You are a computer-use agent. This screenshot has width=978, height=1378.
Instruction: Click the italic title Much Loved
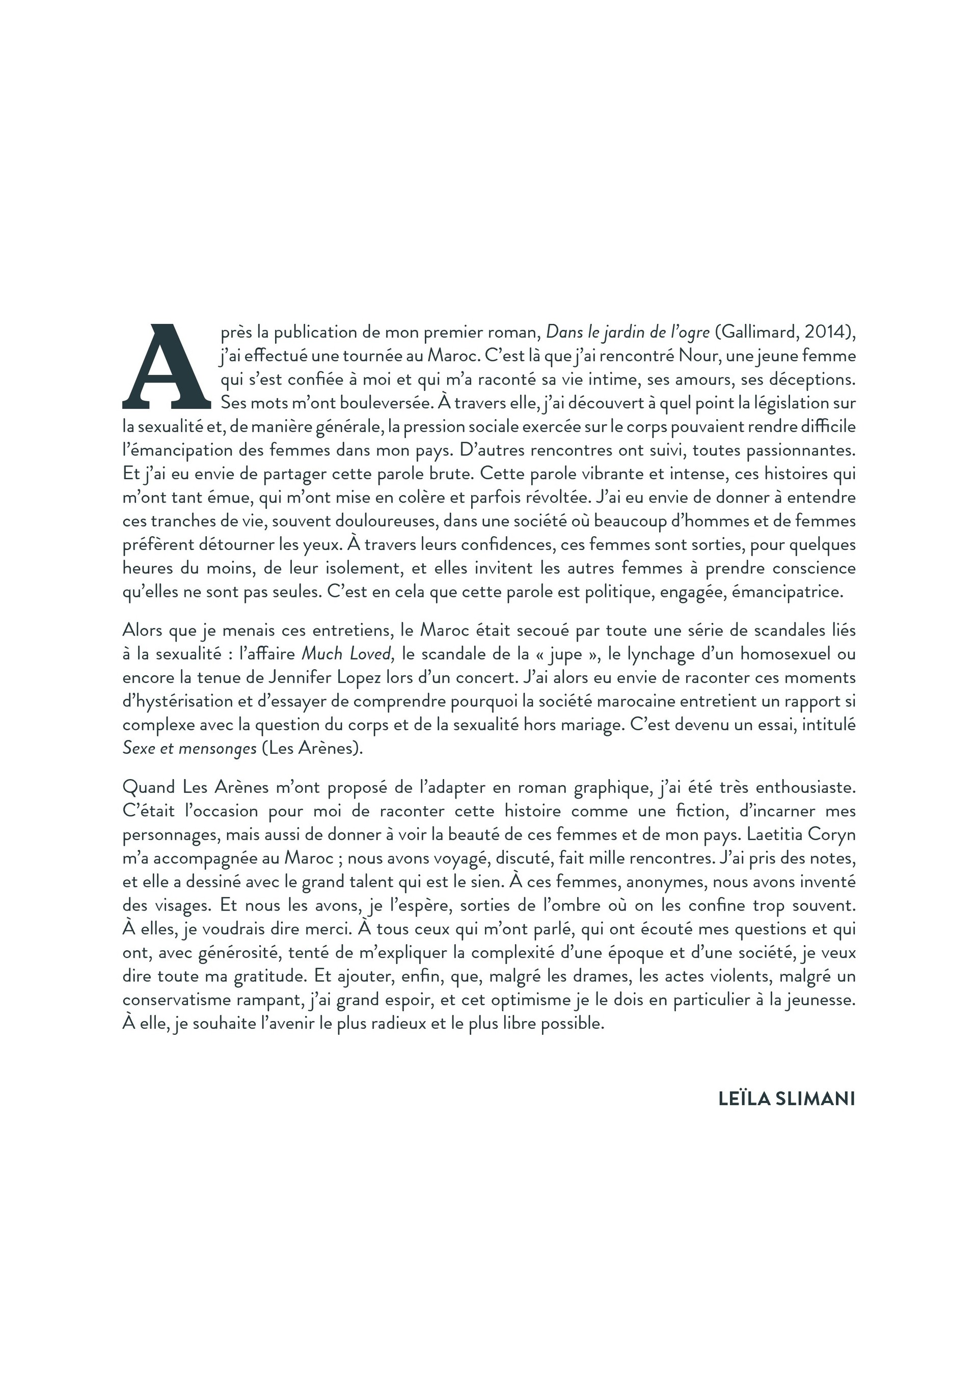tap(347, 654)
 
